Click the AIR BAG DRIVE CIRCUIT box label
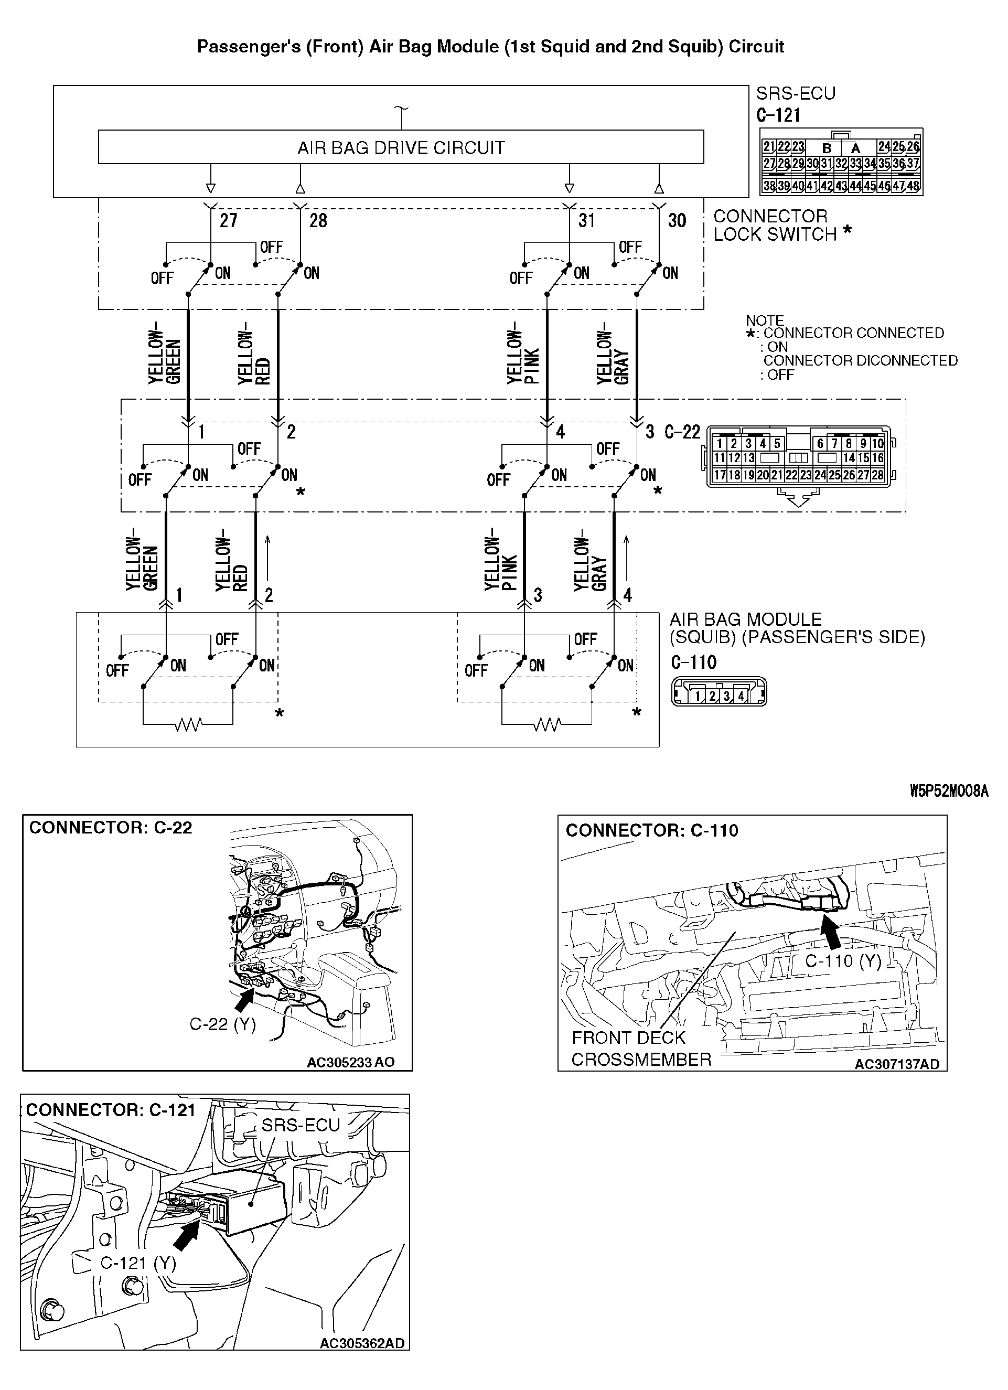point(401,148)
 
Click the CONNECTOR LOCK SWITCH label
point(775,226)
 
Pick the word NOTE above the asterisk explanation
point(765,320)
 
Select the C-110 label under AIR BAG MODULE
point(694,662)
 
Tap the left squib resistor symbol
point(188,725)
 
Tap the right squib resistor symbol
point(546,725)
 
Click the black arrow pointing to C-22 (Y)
point(244,1001)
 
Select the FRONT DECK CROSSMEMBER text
point(641,1049)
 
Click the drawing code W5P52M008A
point(949,791)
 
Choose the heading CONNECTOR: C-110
point(651,830)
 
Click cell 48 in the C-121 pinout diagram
point(913,186)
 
